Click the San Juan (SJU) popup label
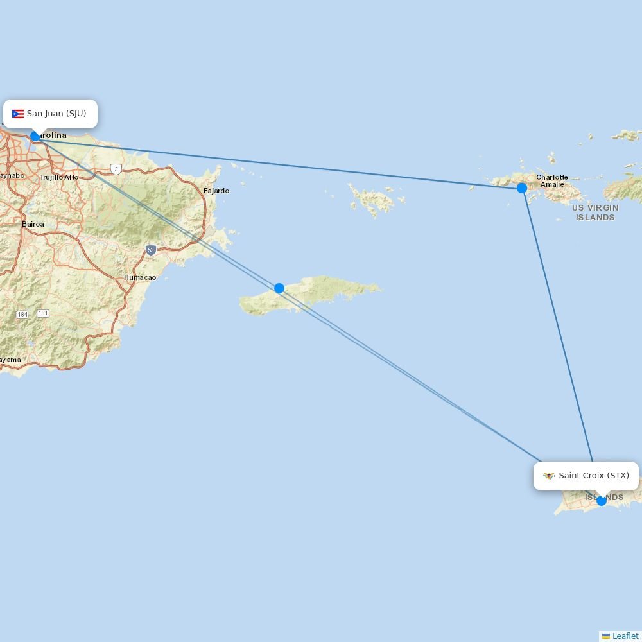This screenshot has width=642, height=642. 51,114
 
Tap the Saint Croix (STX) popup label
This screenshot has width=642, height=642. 586,476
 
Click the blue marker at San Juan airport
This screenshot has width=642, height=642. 35,136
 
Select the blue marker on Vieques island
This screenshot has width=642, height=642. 279,288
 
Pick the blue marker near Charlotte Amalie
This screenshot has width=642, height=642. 522,188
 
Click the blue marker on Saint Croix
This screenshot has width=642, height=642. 602,501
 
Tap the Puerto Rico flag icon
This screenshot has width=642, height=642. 18,114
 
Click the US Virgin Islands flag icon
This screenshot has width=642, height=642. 549,476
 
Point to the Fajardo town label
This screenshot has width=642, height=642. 216,191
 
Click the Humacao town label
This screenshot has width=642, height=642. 140,277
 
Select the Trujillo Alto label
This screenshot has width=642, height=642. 59,177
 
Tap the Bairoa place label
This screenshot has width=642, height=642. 33,224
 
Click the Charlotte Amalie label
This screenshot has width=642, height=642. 552,181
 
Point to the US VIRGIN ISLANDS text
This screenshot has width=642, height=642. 595,213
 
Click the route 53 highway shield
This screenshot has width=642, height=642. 150,250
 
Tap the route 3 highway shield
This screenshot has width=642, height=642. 116,169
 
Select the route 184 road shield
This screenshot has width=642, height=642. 22,315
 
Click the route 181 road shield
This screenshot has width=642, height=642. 43,313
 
